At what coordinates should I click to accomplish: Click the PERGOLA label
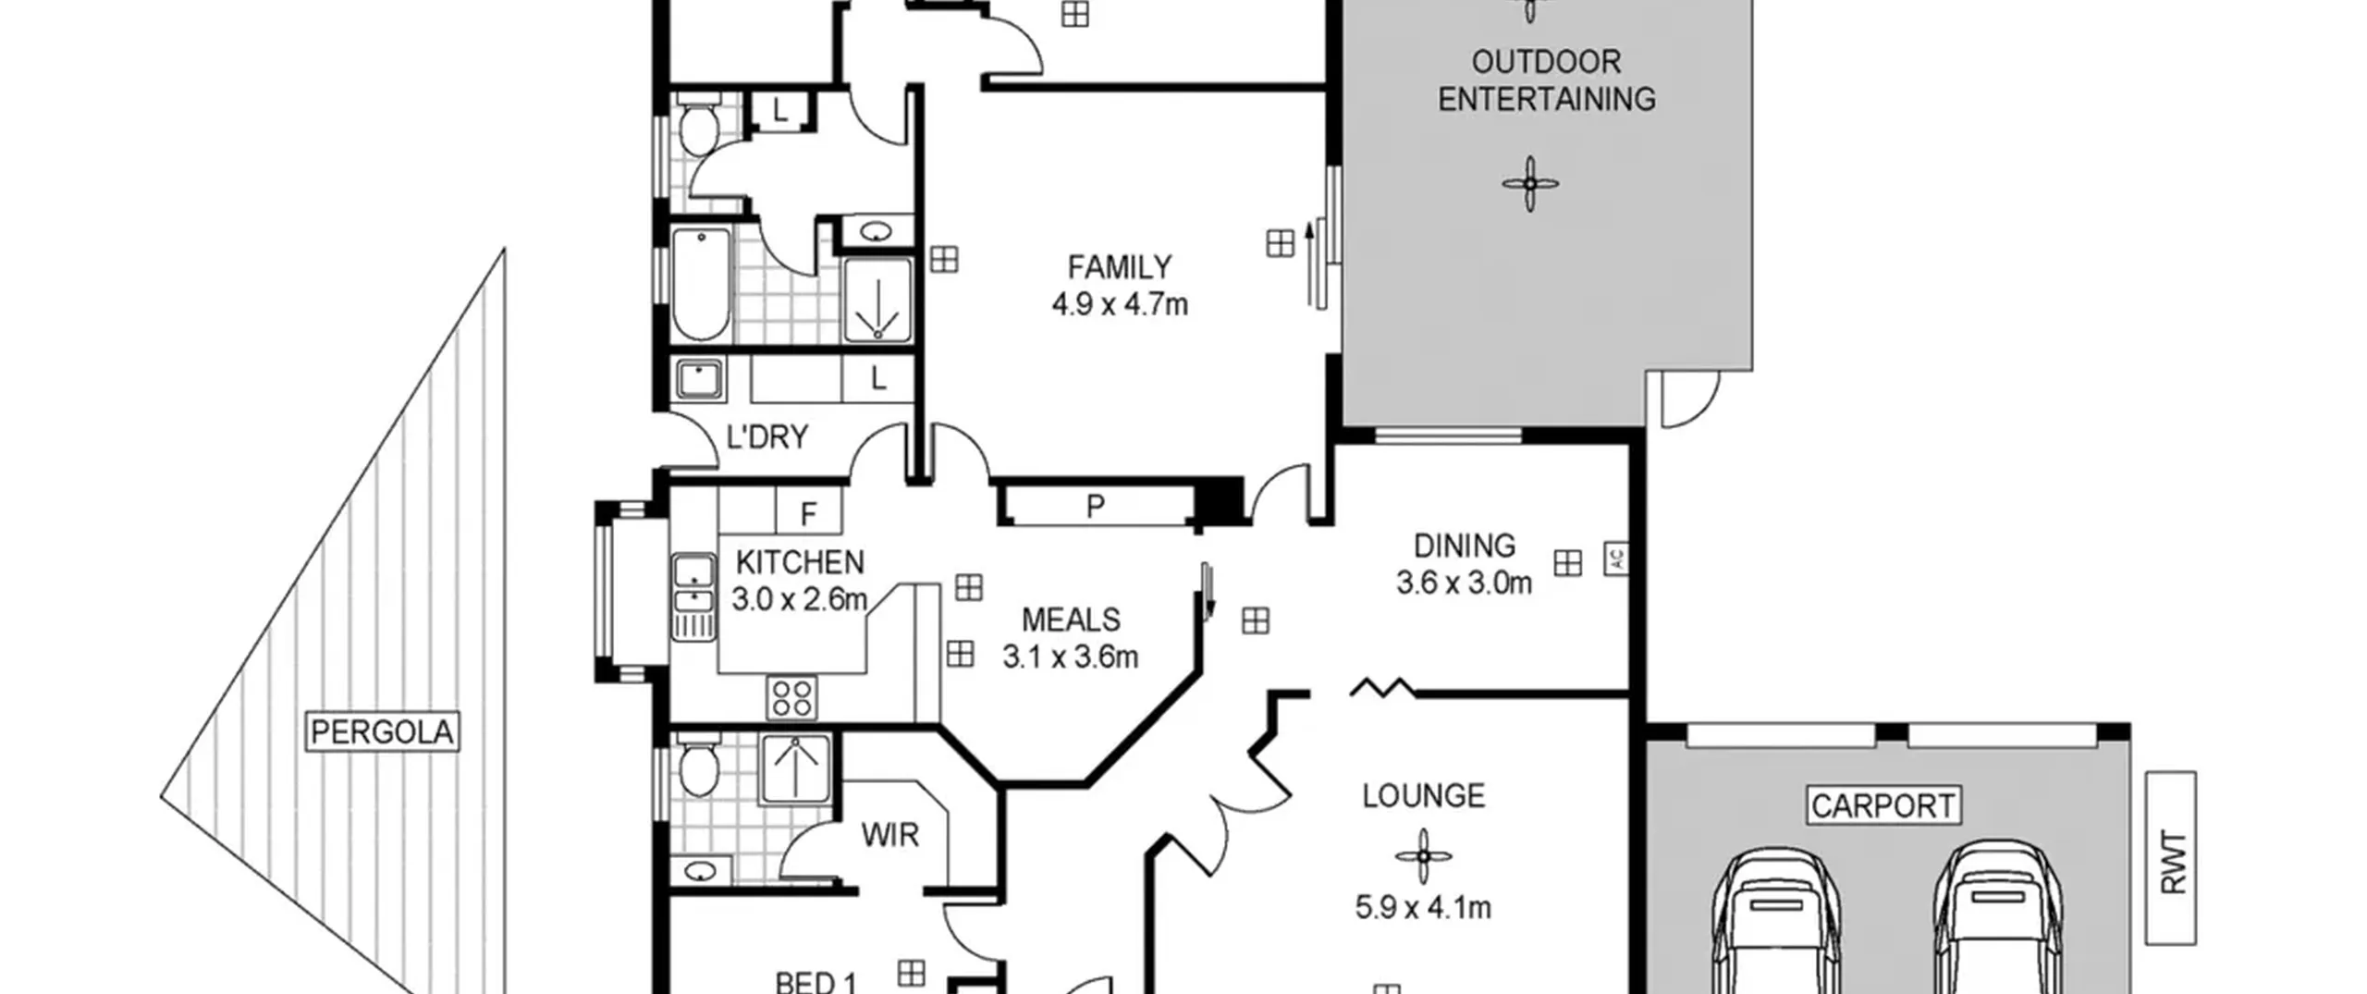click(382, 732)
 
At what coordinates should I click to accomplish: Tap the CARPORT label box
click(1883, 805)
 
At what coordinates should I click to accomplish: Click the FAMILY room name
click(1120, 267)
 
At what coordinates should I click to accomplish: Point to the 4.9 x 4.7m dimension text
click(1120, 304)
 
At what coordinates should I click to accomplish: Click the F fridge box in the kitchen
click(809, 511)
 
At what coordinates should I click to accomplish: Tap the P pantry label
click(1096, 506)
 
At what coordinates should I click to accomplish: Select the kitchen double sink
click(693, 596)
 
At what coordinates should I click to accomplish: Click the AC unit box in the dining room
click(1616, 558)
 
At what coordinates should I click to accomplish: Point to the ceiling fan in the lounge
click(1423, 856)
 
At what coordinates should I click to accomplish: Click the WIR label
click(890, 835)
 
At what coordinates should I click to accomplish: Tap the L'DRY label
click(767, 436)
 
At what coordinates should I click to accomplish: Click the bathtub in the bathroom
click(701, 285)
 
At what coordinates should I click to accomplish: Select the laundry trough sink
click(701, 379)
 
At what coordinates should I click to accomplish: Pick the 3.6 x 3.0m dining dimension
click(1464, 583)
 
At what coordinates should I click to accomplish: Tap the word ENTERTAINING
click(1546, 99)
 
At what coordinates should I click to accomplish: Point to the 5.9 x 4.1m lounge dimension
click(1423, 908)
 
